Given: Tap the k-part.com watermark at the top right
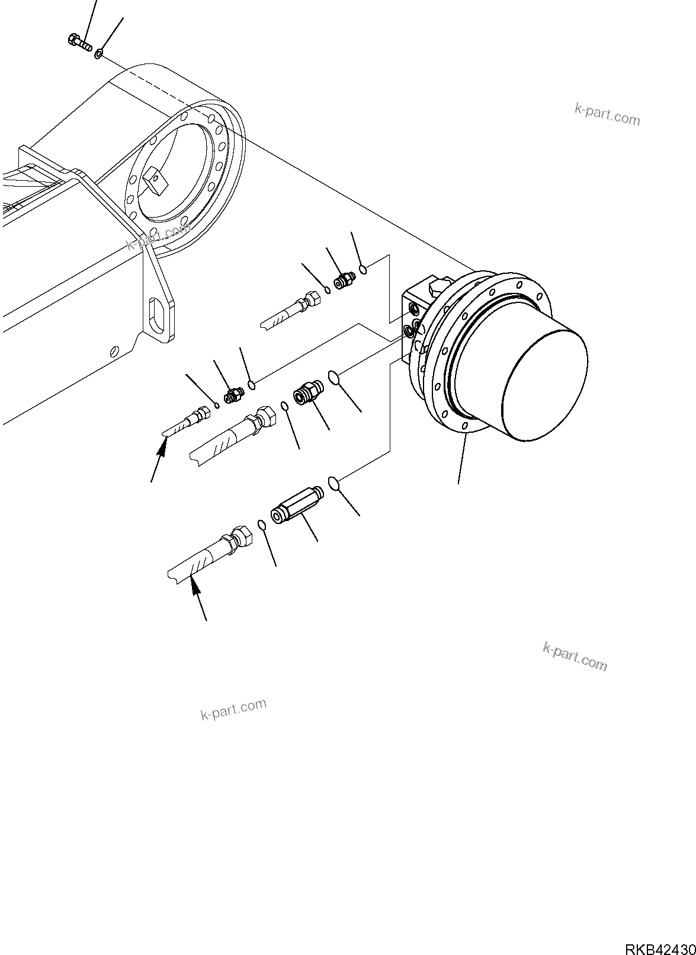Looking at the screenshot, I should click(x=607, y=115).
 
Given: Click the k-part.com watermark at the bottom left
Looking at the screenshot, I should click(x=233, y=708).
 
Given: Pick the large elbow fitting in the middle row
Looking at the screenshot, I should click(x=307, y=394).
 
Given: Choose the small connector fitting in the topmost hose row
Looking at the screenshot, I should click(x=344, y=280).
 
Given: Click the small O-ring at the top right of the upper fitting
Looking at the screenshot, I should click(x=364, y=270).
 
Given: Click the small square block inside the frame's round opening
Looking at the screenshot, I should click(x=152, y=181).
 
